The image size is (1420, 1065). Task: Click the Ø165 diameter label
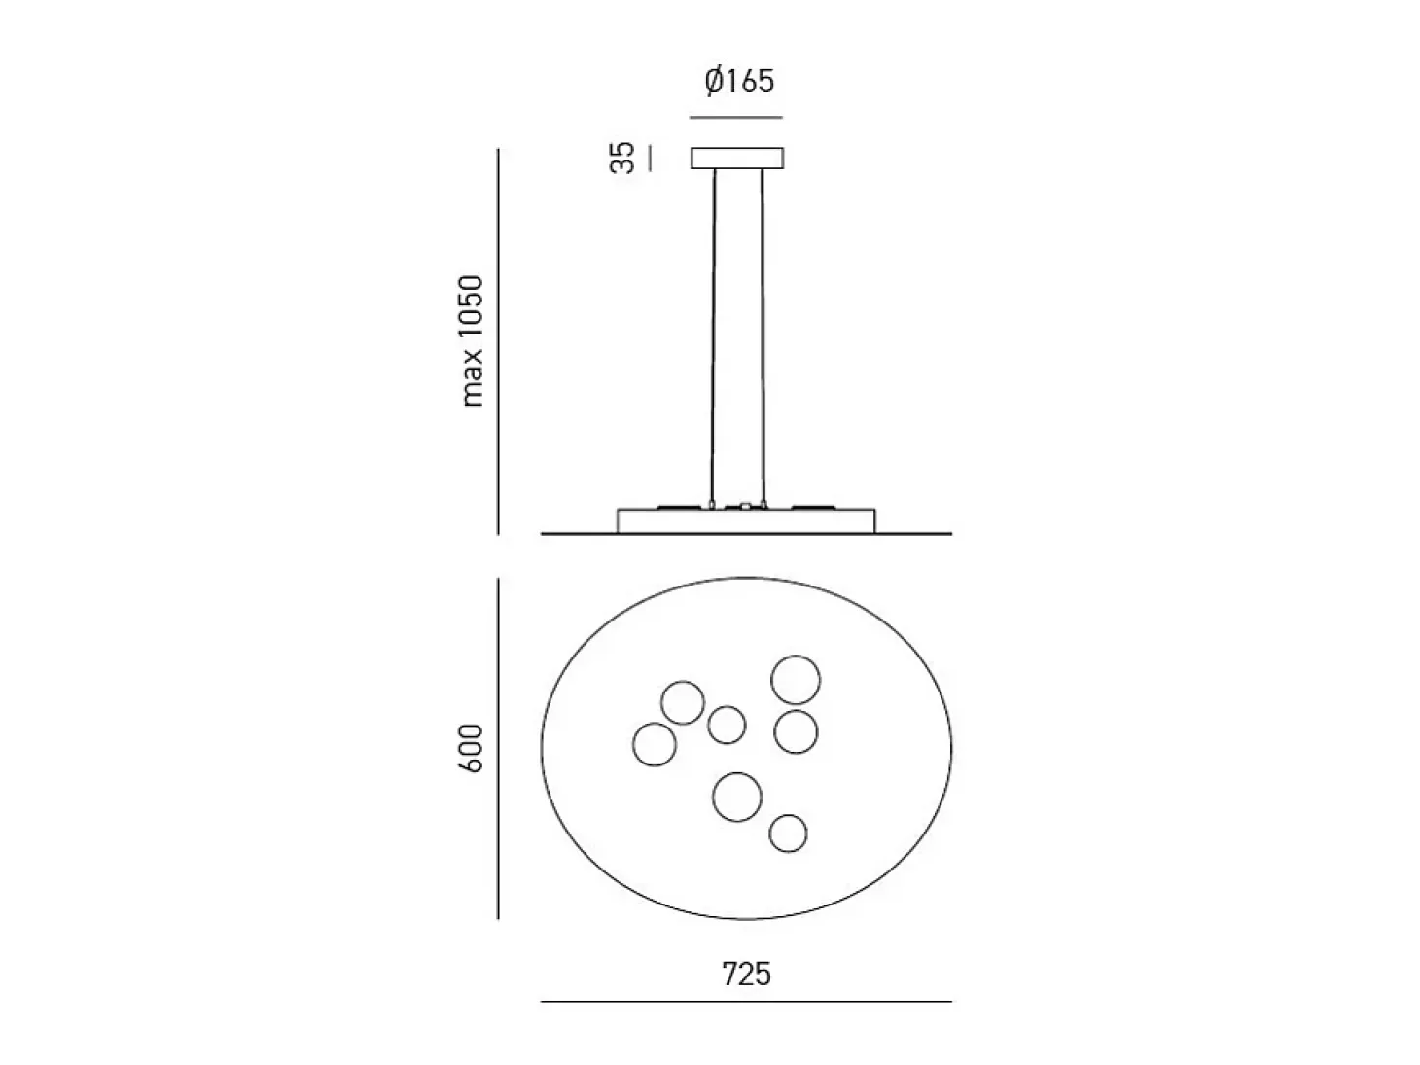[x=739, y=82]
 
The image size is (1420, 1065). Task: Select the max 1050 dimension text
[x=472, y=340]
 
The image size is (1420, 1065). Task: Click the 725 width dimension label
[x=747, y=974]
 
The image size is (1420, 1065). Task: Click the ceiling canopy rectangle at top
[x=737, y=159]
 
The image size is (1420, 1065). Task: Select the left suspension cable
[x=714, y=337]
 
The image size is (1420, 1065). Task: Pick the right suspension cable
[x=763, y=337]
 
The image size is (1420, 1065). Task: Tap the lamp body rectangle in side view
[x=746, y=521]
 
